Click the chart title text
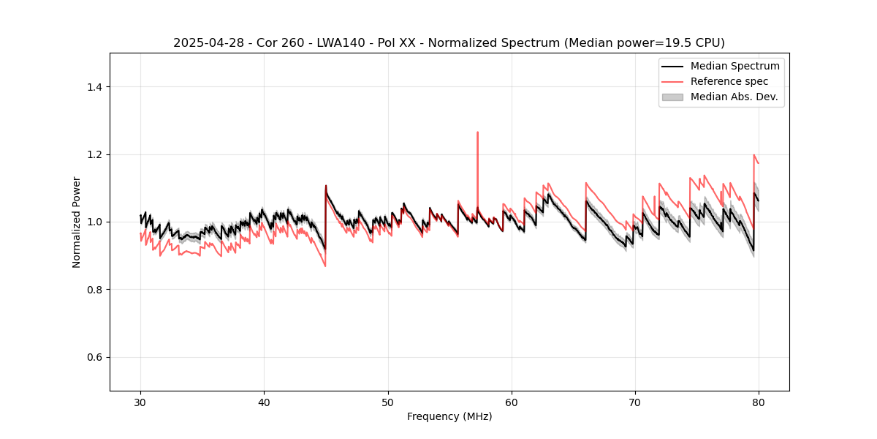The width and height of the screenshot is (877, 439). [x=449, y=43]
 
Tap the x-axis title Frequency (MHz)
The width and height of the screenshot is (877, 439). [x=449, y=416]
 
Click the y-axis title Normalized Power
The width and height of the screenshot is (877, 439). [x=77, y=222]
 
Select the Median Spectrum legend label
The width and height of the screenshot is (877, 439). [x=734, y=66]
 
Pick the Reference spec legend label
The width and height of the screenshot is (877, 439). [x=729, y=81]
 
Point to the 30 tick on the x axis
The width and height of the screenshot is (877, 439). [x=141, y=402]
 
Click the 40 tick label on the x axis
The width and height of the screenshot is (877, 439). [x=265, y=402]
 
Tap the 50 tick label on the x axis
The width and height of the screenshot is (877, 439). [x=388, y=402]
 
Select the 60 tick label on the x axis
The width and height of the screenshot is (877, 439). [x=512, y=402]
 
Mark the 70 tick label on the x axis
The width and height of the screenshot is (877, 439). [x=635, y=402]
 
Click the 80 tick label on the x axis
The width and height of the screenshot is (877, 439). [x=759, y=402]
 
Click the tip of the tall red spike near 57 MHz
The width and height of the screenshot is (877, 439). [x=477, y=132]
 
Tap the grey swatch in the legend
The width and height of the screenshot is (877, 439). [x=672, y=97]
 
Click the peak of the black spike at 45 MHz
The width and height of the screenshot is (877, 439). [x=326, y=186]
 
